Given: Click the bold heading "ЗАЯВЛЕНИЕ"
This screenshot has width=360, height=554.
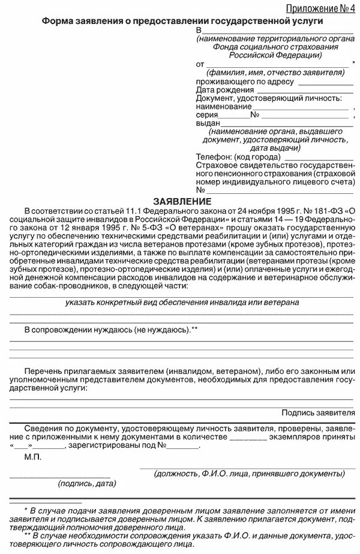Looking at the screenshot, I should coord(181,200).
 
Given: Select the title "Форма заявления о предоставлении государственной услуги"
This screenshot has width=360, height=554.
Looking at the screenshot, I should coord(182,21).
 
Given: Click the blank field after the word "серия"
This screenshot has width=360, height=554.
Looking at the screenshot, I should coord(233,114).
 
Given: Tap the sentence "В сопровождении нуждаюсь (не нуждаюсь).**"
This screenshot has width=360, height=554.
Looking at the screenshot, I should coord(111,330).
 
